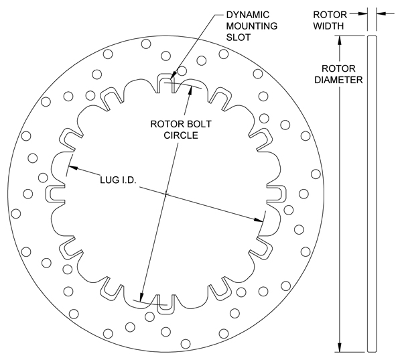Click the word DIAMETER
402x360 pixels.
(342, 80)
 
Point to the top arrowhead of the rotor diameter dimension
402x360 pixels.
(342, 40)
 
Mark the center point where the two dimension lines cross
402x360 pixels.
(165, 194)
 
